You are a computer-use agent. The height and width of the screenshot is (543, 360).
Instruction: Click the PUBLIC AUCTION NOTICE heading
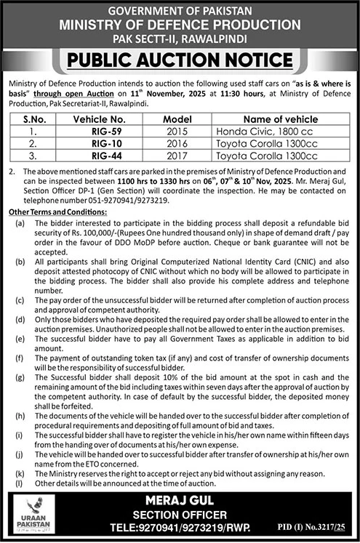[180, 60]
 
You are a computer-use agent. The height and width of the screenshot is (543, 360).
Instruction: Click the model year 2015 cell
[177, 132]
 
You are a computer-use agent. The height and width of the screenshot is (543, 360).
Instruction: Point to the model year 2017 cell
[177, 156]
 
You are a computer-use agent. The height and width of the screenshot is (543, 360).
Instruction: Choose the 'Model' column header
[177, 119]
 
